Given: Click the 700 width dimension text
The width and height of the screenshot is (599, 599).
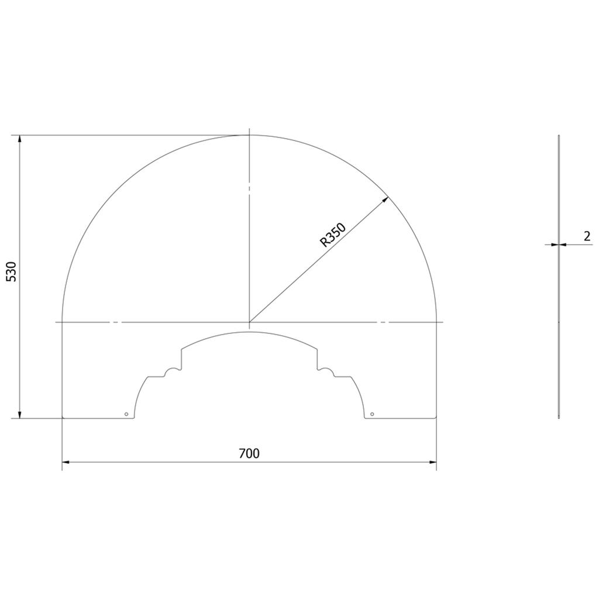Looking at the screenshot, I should (249, 453).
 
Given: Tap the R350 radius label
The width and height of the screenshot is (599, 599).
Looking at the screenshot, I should (333, 235).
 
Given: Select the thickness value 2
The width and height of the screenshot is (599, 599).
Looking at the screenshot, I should (587, 236).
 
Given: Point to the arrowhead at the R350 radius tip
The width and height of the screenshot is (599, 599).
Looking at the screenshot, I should (385, 199).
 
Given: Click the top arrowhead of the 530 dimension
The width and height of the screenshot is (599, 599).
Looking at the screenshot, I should (20, 139).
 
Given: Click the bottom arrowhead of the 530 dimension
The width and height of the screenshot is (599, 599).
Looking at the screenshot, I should (20, 414).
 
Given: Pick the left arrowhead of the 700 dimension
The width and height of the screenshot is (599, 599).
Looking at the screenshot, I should (66, 462).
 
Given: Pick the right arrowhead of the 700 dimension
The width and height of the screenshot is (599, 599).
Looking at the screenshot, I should (432, 462).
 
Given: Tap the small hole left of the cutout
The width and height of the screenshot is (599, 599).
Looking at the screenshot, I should (126, 414).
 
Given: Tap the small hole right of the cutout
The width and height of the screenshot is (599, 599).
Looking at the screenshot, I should (373, 414).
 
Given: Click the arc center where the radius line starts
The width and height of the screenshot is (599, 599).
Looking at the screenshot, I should (249, 322).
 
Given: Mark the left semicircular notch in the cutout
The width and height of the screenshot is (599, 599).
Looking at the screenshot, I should (172, 372).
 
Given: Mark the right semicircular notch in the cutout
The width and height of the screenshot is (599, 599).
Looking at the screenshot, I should (327, 372).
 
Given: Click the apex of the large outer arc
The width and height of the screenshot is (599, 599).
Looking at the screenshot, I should (249, 135).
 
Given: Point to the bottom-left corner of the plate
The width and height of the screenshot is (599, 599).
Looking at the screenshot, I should (63, 418).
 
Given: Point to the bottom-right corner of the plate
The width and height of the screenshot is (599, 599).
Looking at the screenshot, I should (436, 418).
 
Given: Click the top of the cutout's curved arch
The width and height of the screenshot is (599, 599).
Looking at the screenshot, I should (250, 332).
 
